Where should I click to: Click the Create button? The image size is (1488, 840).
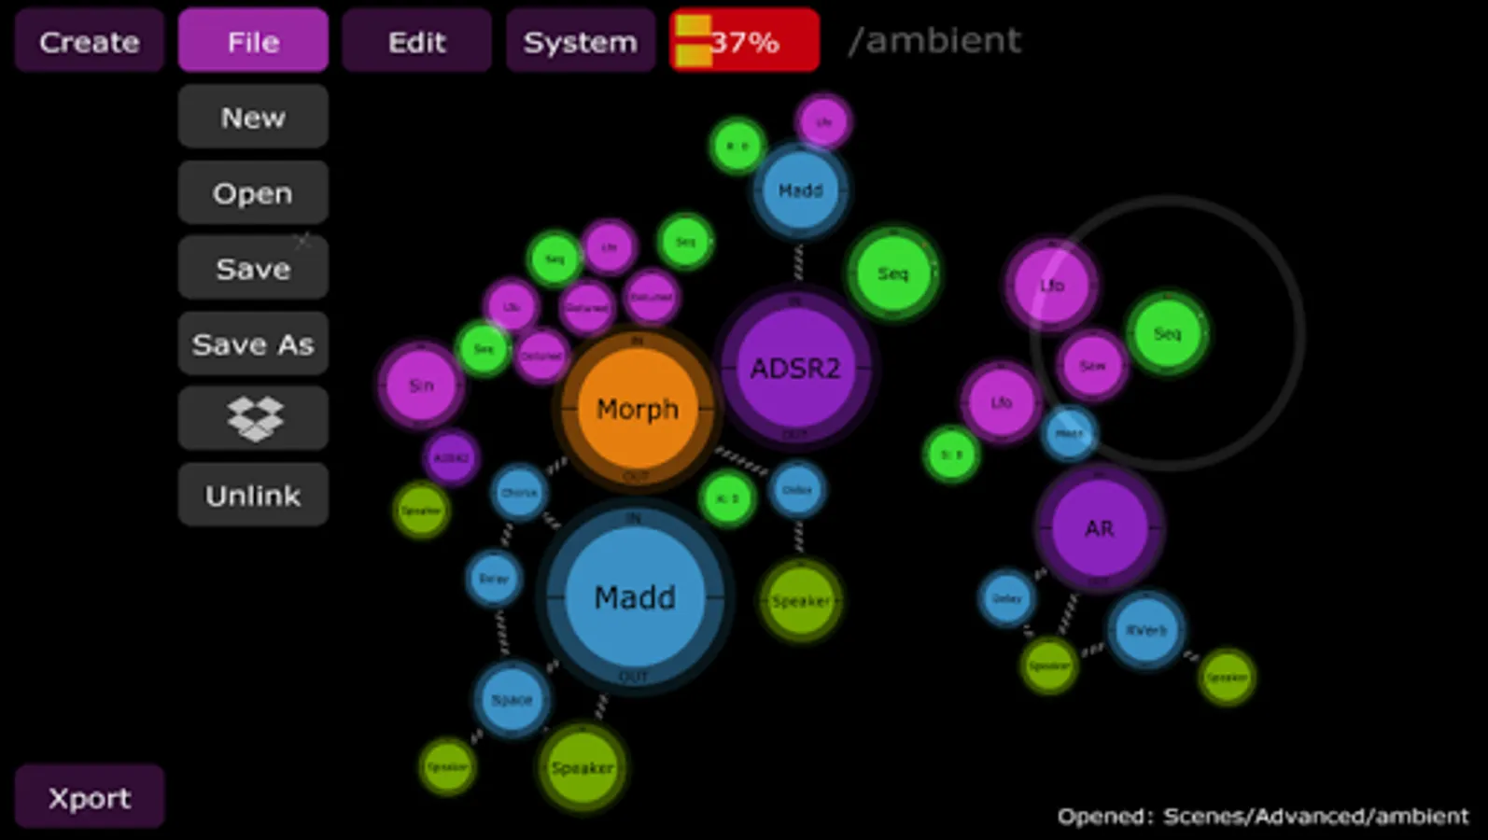tap(90, 41)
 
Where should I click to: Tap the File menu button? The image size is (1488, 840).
tap(253, 41)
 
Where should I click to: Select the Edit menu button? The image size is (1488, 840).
tap(416, 41)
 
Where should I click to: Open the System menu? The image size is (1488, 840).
tap(580, 41)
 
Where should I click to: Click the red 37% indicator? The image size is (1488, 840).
tap(744, 41)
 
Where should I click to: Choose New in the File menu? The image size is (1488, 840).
tap(253, 118)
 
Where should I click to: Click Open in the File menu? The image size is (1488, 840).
tap(253, 193)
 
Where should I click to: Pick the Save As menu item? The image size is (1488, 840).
tap(253, 344)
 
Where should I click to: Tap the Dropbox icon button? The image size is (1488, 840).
tap(253, 419)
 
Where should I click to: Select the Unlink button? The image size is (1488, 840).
tap(253, 495)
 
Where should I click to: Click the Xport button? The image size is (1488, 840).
tap(90, 798)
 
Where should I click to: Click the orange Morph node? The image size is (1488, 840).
tap(638, 409)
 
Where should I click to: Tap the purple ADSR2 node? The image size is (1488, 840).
tap(795, 368)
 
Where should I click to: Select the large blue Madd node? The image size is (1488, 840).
tap(635, 597)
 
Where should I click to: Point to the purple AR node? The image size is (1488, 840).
tap(1099, 528)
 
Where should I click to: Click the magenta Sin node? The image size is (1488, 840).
tap(421, 385)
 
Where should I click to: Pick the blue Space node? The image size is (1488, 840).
tap(512, 699)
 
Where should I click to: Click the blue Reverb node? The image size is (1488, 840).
tap(1146, 630)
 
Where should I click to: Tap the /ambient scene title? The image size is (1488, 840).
tap(934, 41)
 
